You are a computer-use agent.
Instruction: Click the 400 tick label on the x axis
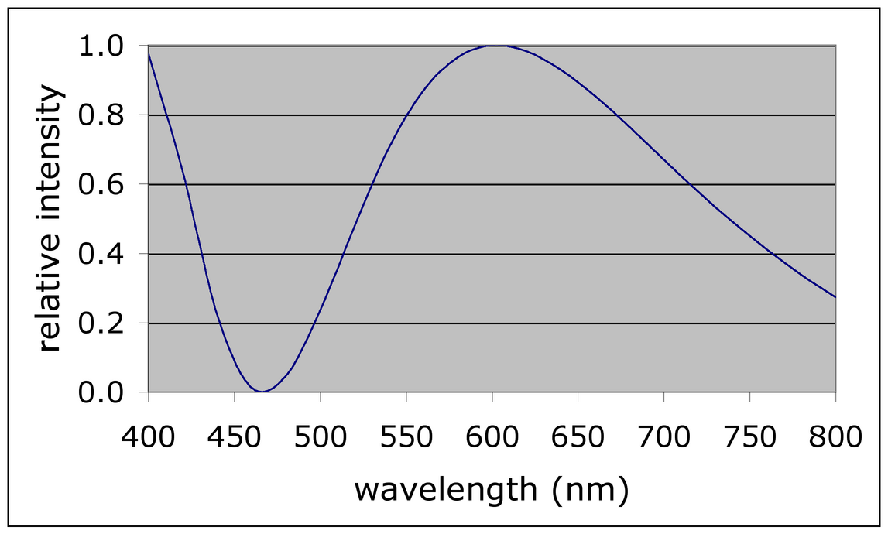[148, 438]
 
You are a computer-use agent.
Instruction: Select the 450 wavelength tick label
[234, 438]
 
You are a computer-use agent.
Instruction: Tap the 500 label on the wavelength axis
[320, 438]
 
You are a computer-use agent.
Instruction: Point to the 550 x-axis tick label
[406, 438]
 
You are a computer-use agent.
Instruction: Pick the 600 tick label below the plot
[492, 438]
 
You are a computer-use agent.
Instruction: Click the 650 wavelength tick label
[578, 438]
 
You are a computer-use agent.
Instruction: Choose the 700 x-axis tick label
[663, 438]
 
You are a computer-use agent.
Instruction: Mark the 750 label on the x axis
[749, 438]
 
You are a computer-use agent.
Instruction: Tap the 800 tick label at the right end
[835, 438]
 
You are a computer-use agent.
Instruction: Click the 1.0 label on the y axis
[102, 46]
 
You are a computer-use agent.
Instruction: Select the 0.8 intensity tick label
[102, 115]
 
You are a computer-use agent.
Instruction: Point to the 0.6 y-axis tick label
[102, 185]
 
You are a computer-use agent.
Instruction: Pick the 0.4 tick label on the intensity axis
[102, 254]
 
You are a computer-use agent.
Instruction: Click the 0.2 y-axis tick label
[102, 323]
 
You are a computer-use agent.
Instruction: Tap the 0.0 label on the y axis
[102, 392]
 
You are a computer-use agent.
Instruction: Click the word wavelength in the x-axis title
[445, 490]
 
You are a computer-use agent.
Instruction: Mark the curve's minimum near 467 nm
[263, 392]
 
